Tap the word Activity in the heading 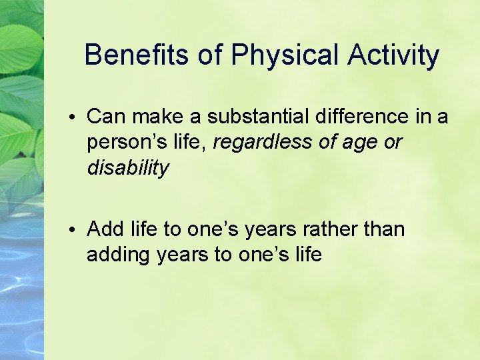[393, 55]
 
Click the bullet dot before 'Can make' [77, 117]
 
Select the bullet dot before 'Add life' [77, 230]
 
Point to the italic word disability [128, 168]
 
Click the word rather [335, 229]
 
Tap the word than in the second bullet [385, 229]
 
